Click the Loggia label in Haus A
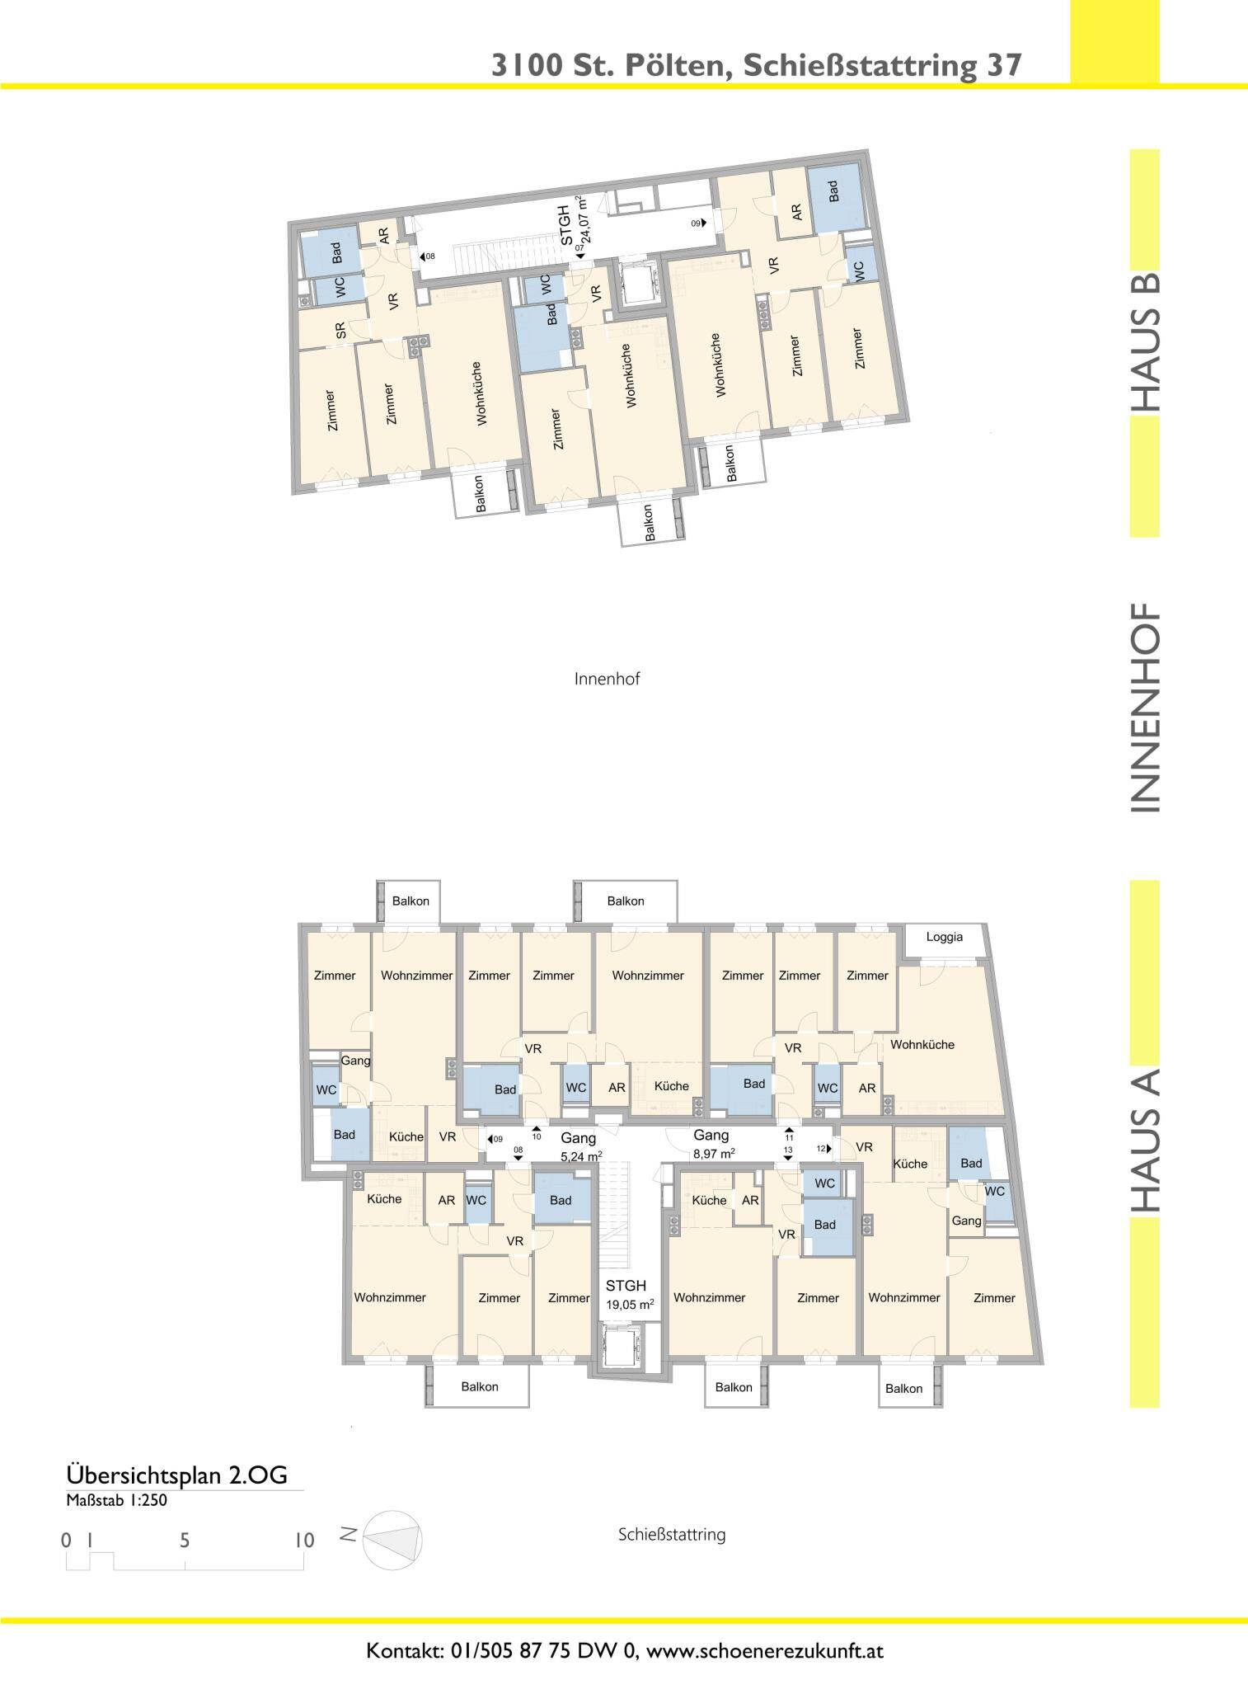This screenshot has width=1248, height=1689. point(945,938)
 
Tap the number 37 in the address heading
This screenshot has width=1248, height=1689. point(1004,65)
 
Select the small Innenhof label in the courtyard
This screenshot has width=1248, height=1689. point(608,680)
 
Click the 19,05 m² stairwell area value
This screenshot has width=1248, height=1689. point(630,1304)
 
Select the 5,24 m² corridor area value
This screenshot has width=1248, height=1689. point(587,1155)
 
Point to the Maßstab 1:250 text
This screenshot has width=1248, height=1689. point(116,1500)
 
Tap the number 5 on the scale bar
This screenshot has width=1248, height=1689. point(185,1541)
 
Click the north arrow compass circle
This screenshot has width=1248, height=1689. point(392,1540)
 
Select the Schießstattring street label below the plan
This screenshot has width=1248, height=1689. point(672,1535)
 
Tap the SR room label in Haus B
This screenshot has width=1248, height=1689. point(340,330)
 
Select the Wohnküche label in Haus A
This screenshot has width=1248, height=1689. point(922,1044)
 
